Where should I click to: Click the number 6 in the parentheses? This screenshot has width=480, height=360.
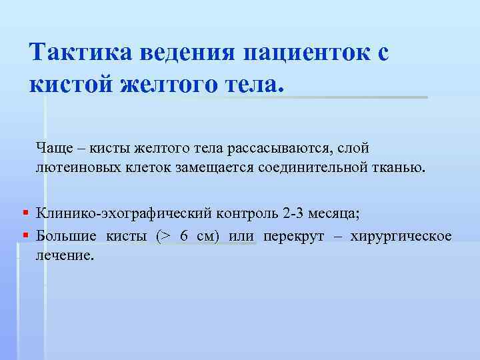(184, 236)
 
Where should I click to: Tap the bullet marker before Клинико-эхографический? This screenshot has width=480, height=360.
(25, 213)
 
